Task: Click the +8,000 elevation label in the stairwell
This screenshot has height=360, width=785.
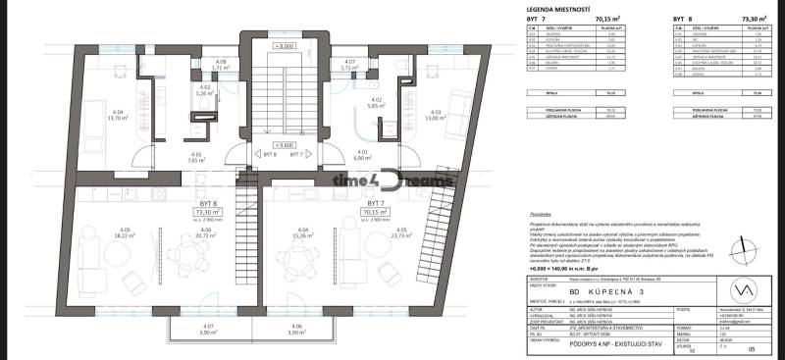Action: tap(284, 46)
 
